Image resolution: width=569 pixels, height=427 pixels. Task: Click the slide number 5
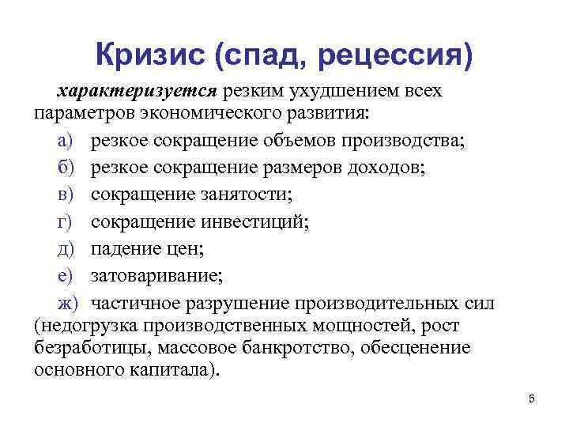point(532,399)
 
